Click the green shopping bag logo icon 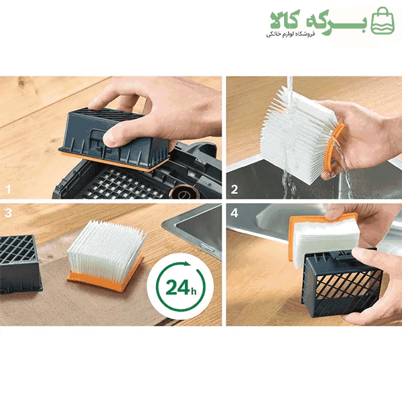(x=383, y=21)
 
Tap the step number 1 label (x=9, y=190)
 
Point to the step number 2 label (x=234, y=190)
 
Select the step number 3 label (x=8, y=213)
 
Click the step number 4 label (x=234, y=213)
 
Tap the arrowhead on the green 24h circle (x=187, y=264)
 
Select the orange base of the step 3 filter (x=104, y=279)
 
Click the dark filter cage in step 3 (x=20, y=264)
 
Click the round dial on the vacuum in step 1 (x=184, y=193)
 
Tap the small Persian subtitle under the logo (x=290, y=34)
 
